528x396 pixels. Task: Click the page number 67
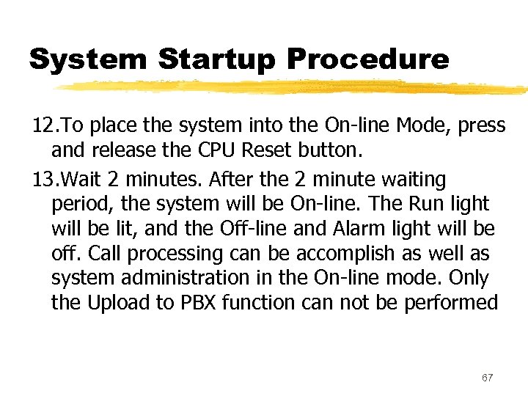[x=488, y=377]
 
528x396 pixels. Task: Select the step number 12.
[x=42, y=126]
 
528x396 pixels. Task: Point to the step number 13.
[x=42, y=180]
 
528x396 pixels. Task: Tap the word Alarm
[x=355, y=229]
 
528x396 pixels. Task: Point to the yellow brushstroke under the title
[x=293, y=87]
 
